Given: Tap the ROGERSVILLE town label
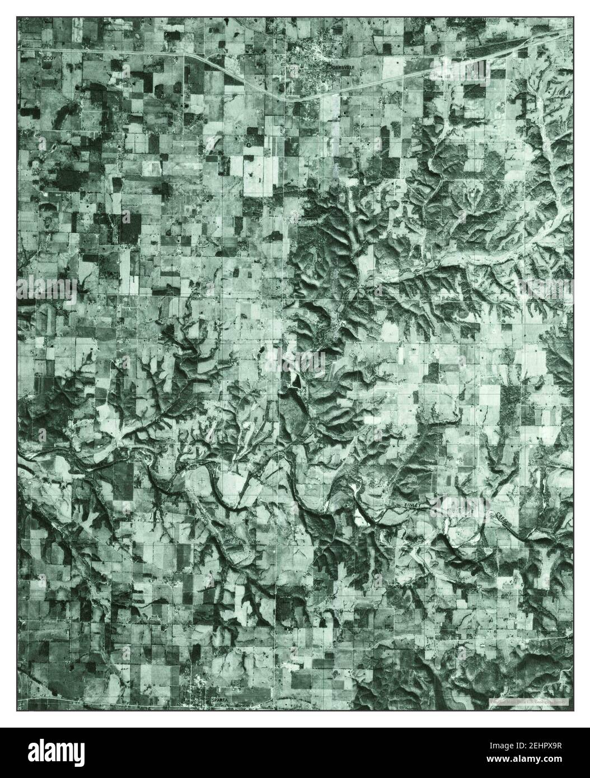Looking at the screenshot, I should (341, 67).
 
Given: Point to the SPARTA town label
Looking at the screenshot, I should (219, 700).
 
